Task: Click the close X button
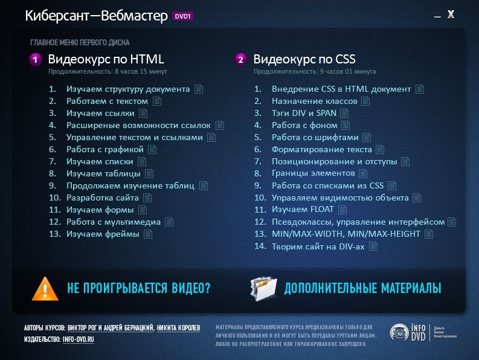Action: [451, 14]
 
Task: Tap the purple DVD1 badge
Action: [182, 16]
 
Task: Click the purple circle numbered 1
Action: [36, 60]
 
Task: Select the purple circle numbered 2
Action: [241, 60]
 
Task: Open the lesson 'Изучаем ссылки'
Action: [100, 114]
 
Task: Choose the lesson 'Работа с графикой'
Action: [104, 149]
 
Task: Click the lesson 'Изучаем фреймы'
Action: [103, 234]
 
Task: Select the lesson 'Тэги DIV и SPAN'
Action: [304, 114]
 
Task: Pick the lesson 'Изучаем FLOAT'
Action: [303, 210]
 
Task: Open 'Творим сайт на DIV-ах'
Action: [318, 246]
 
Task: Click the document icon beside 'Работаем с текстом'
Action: [157, 101]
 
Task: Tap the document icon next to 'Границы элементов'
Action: [363, 173]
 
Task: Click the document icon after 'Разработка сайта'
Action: [147, 198]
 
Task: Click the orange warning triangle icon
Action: [45, 289]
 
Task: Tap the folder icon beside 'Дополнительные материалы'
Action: [263, 288]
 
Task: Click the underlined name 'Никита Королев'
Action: [178, 328]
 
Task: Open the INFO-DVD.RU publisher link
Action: [78, 339]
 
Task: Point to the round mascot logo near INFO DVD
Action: [399, 332]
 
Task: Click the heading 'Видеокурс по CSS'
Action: [304, 59]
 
